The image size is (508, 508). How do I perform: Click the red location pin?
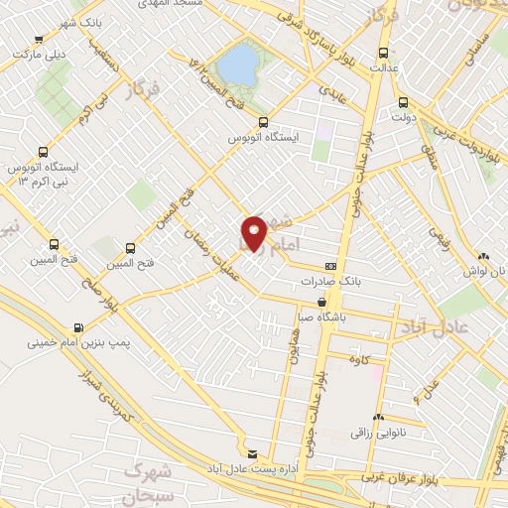pyautogui.click(x=254, y=233)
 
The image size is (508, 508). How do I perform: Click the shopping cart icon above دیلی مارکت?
pyautogui.click(x=38, y=40)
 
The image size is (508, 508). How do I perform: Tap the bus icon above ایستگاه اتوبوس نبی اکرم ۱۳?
pyautogui.click(x=42, y=152)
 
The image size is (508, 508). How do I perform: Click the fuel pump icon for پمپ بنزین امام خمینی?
pyautogui.click(x=78, y=326)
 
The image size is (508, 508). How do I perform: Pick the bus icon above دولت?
pyautogui.click(x=402, y=101)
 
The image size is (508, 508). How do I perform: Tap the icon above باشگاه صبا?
pyautogui.click(x=321, y=303)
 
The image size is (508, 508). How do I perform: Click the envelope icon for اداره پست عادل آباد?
pyautogui.click(x=251, y=452)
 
